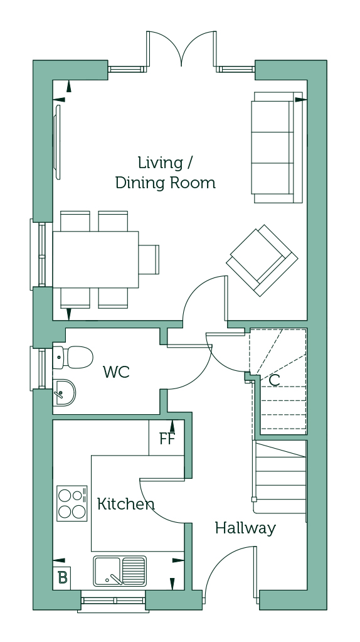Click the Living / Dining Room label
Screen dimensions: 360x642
pos(166,173)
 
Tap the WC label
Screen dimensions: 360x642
pos(116,372)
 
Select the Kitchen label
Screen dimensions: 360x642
pos(126,503)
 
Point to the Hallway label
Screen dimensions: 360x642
pos(245,528)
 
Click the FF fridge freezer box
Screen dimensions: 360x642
pos(166,437)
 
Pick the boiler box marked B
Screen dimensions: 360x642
pos(61,578)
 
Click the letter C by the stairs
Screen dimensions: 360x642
pos(275,380)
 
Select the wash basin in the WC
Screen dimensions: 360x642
pos(64,393)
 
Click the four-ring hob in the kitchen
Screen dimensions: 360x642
pos(72,503)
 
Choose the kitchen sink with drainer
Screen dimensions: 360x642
pos(119,570)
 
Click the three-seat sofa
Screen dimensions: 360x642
pos(277,147)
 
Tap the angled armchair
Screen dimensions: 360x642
pos(262,260)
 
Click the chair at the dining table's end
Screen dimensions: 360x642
pos(149,260)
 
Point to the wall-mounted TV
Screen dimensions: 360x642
pos(58,142)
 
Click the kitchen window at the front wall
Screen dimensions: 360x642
pos(114,601)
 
